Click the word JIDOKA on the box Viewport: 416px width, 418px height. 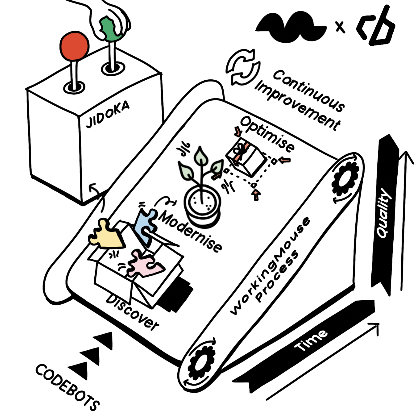pyautogui.click(x=107, y=114)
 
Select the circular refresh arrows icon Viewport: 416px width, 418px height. pyautogui.click(x=243, y=67)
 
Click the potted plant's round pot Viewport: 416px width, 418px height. pyautogui.click(x=202, y=205)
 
